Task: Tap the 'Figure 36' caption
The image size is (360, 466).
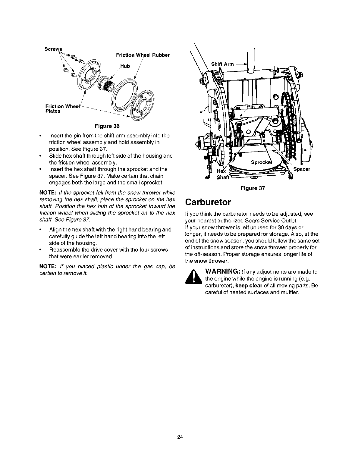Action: (107, 127)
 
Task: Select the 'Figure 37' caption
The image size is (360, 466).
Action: (253, 188)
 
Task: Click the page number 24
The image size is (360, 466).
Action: (180, 437)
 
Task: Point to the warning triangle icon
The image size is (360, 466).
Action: (193, 279)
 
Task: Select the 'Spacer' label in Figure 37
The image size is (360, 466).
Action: (301, 169)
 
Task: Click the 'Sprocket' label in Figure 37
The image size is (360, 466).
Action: (261, 162)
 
